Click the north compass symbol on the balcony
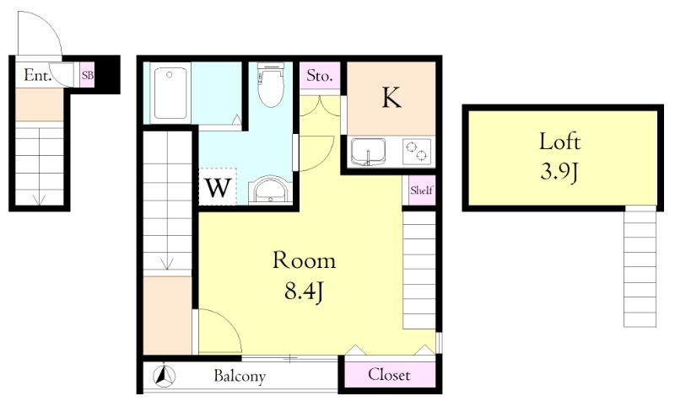point(165,376)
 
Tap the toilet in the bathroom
point(271,85)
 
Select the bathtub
point(170,93)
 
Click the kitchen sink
point(368,152)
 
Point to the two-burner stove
point(417,151)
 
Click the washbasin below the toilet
point(270,190)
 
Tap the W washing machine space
point(218,187)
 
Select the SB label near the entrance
point(88,75)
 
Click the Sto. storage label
point(320,76)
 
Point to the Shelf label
point(421,190)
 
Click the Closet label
point(389,375)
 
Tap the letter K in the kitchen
point(391,97)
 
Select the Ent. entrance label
point(38,75)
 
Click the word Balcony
point(240,377)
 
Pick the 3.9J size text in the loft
point(559,172)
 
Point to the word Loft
point(560,141)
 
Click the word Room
point(304,260)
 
